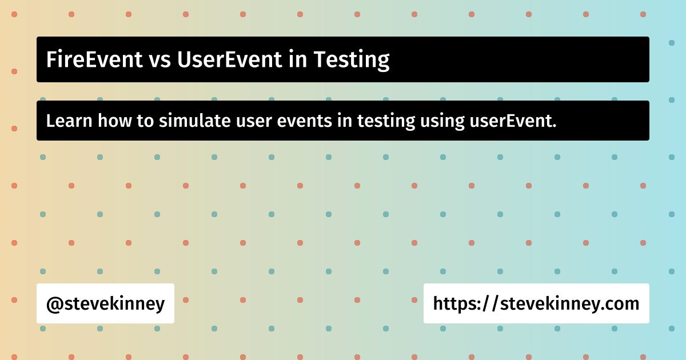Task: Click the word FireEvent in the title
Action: tap(94, 59)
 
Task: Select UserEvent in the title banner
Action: tap(229, 59)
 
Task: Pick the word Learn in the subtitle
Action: tap(69, 121)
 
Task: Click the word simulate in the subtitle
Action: tap(194, 121)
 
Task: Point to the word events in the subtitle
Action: tap(304, 122)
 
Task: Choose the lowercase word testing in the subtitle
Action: tap(386, 122)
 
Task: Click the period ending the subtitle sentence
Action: tap(555, 126)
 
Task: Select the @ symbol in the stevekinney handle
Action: tap(54, 304)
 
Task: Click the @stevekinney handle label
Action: tap(105, 304)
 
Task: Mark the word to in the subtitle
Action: tap(145, 121)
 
